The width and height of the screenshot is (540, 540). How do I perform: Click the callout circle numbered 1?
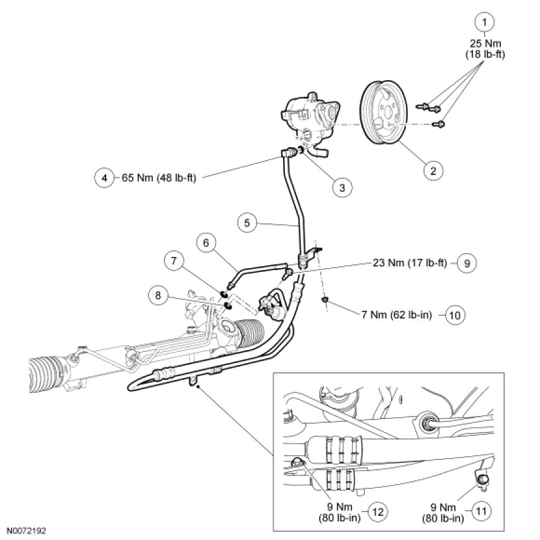tap(485, 23)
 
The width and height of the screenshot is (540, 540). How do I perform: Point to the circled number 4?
tap(104, 178)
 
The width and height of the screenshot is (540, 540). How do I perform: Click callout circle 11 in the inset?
tap(482, 513)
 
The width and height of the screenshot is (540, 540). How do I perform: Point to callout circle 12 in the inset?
tap(378, 513)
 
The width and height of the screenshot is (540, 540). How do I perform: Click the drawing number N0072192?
tap(27, 532)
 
